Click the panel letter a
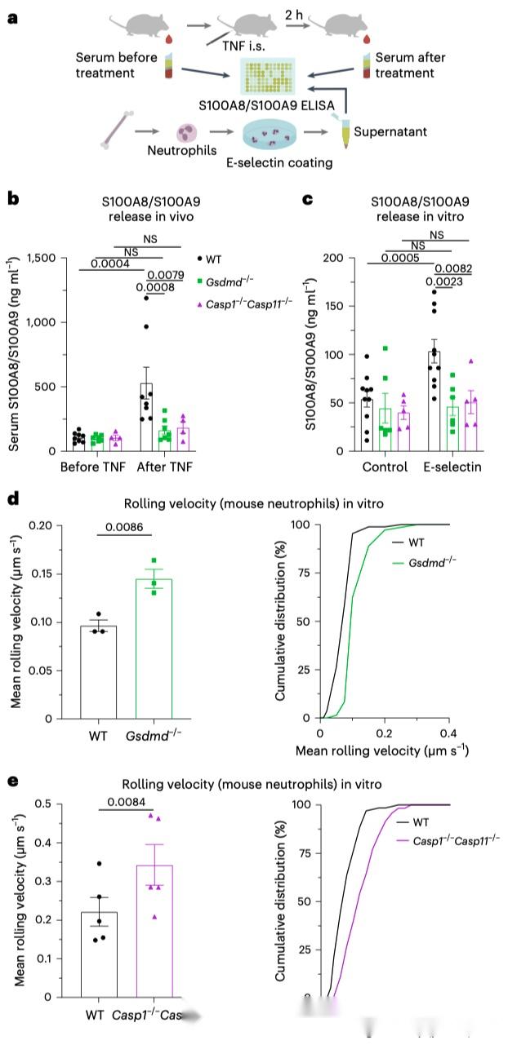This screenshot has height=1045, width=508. pyautogui.click(x=13, y=16)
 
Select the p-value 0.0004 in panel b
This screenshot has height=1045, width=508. pyautogui.click(x=100, y=263)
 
